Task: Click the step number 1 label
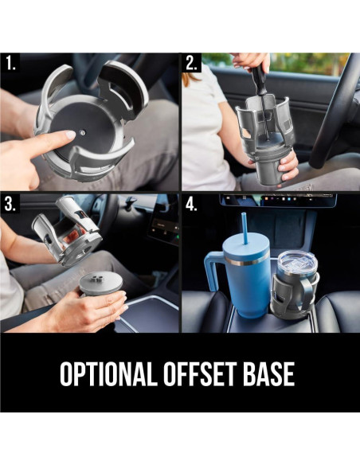tap(10, 63)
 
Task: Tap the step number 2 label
tap(192, 63)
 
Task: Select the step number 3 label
tap(10, 204)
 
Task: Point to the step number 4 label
tap(192, 204)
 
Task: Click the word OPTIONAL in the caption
tap(108, 373)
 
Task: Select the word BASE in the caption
tap(268, 373)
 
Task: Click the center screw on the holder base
tap(84, 133)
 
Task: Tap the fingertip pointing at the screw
tap(70, 135)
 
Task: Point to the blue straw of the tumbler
tap(245, 228)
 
